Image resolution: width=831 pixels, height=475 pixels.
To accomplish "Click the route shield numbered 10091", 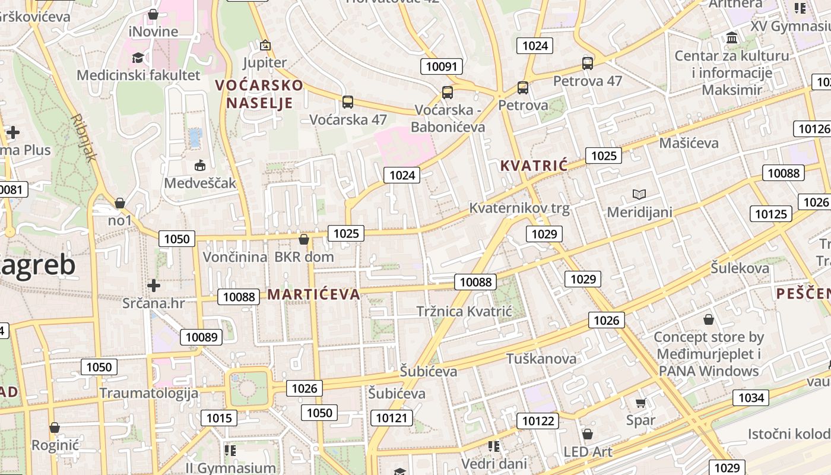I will [442, 66].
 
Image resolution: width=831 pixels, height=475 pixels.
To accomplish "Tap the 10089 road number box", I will [201, 337].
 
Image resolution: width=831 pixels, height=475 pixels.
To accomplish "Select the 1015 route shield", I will [218, 418].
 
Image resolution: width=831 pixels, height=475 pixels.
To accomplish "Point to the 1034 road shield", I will [751, 397].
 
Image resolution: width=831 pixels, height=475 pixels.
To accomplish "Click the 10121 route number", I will [392, 418].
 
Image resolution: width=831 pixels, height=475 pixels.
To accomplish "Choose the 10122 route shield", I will [538, 421].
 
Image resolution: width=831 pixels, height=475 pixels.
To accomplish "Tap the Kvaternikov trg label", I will [519, 208].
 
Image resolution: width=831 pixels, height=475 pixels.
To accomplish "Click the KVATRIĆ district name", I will [534, 166].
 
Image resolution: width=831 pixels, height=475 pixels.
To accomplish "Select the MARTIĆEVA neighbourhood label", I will [313, 294].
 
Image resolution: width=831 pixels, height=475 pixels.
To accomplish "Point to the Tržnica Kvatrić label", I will [464, 312].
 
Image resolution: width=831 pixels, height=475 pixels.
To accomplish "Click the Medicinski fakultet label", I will [138, 75].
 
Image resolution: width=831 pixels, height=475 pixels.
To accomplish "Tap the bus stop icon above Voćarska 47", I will [348, 102].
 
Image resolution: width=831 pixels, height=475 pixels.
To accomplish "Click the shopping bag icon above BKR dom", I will [304, 239].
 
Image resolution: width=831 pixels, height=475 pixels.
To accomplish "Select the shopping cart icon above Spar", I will [640, 403].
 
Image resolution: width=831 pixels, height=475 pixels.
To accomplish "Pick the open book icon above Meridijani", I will [639, 194].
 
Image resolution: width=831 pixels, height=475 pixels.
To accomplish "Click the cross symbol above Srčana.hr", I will [154, 286].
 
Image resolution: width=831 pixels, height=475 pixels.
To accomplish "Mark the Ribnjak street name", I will [83, 138].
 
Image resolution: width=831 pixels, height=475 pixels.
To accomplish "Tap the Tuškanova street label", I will [541, 359].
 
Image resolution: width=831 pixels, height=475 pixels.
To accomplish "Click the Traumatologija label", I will [148, 393].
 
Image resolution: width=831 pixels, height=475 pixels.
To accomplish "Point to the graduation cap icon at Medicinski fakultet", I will [138, 58].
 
